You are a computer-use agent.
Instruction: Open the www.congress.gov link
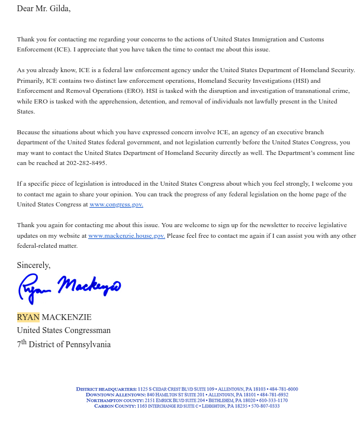[116, 205]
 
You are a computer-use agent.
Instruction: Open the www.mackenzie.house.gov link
[126, 235]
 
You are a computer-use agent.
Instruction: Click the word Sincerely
[33, 266]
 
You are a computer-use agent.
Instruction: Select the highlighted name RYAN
[28, 317]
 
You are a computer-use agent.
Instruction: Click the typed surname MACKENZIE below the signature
[66, 317]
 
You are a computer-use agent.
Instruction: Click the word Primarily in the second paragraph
[30, 81]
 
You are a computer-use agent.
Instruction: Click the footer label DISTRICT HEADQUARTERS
[106, 389]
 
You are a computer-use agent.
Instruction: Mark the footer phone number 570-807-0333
[265, 406]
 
